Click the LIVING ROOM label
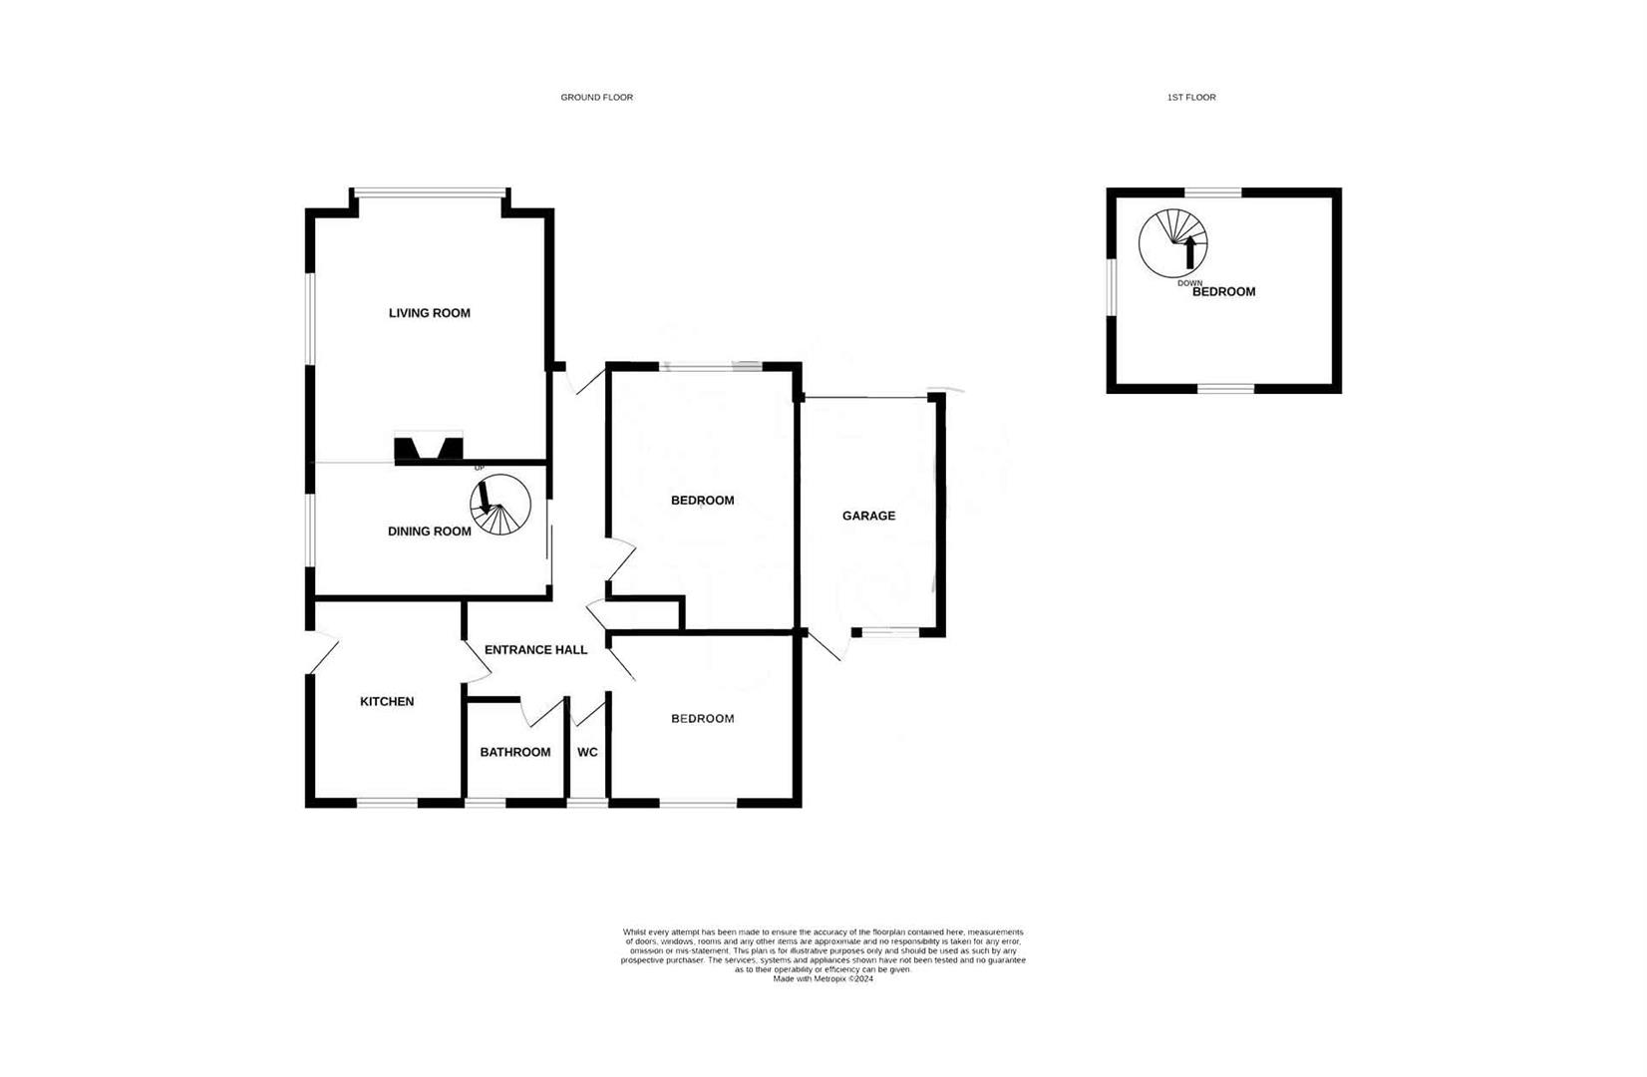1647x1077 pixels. pos(429,313)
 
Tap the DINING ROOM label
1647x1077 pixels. pos(429,532)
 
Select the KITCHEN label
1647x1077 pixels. pos(387,702)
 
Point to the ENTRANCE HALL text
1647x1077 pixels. pos(535,650)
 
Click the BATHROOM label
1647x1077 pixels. pos(515,752)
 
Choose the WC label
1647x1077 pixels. pos(587,752)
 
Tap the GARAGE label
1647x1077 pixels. pos(868,516)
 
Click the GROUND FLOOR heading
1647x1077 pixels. pos(596,98)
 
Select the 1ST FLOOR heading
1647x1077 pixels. pos(1191,98)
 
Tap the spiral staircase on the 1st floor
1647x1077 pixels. pos(1173,243)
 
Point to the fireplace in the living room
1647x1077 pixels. pos(429,450)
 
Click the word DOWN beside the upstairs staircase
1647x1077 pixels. pos(1189,283)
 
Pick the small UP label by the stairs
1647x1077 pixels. pos(479,468)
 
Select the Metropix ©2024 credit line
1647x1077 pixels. pos(823,979)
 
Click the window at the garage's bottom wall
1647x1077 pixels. pos(890,632)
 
